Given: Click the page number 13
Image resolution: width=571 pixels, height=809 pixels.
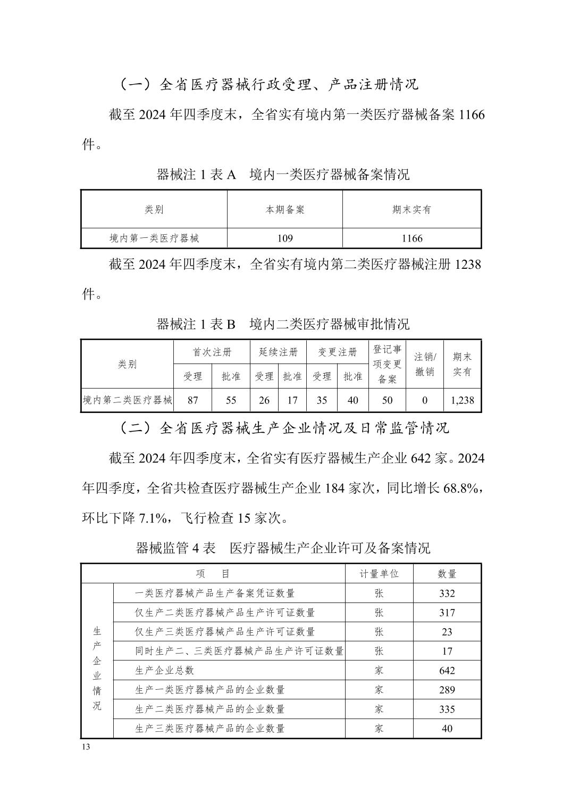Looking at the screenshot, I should point(87,746).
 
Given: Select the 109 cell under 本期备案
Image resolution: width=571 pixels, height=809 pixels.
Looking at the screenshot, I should point(285,238).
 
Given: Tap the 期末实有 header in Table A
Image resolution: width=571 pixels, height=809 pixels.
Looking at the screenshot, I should point(412,210).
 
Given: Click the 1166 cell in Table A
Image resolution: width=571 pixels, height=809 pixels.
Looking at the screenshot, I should point(412,238).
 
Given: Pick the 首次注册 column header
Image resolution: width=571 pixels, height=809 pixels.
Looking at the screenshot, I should point(212,352).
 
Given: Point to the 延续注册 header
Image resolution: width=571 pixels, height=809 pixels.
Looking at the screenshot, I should point(278,352).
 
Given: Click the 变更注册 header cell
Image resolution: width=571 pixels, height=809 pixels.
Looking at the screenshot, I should point(337,352).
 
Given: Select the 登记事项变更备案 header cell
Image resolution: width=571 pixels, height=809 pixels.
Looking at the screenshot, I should point(387,364).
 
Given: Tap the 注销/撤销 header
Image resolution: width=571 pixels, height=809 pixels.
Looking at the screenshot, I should point(424,364).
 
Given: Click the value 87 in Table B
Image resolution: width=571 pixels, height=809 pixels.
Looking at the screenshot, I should point(192,400).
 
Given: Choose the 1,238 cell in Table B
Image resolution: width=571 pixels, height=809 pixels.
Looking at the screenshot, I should point(462,400).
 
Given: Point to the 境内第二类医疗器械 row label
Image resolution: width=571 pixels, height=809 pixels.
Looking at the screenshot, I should point(128,400).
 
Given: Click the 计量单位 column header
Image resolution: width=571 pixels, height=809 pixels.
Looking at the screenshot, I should point(379,574).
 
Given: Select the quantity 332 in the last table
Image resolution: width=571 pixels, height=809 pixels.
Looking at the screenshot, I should point(447,593).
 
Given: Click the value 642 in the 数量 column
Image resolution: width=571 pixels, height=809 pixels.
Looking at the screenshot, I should point(447,671).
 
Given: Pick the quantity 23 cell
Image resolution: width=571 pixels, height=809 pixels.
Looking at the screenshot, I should point(447,632).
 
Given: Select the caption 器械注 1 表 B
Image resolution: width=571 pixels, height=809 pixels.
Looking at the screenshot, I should point(196,324).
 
